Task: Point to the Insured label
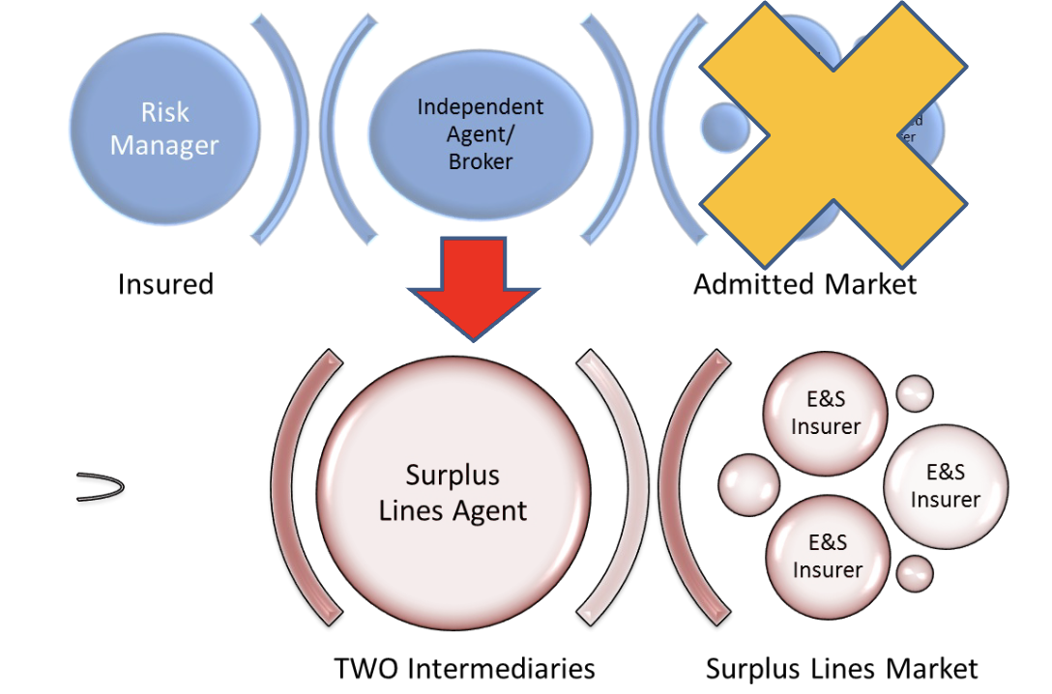click(x=165, y=283)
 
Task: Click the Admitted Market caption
click(x=804, y=283)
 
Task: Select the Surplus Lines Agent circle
click(x=453, y=494)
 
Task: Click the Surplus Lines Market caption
click(x=841, y=668)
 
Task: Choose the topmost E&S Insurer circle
click(x=826, y=412)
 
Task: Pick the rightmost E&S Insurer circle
click(x=946, y=485)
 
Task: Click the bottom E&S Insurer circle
click(x=826, y=556)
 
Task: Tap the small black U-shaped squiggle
click(x=101, y=486)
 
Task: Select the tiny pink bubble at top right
click(x=915, y=392)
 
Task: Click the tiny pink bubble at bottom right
click(x=914, y=573)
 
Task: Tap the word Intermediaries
click(x=498, y=668)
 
